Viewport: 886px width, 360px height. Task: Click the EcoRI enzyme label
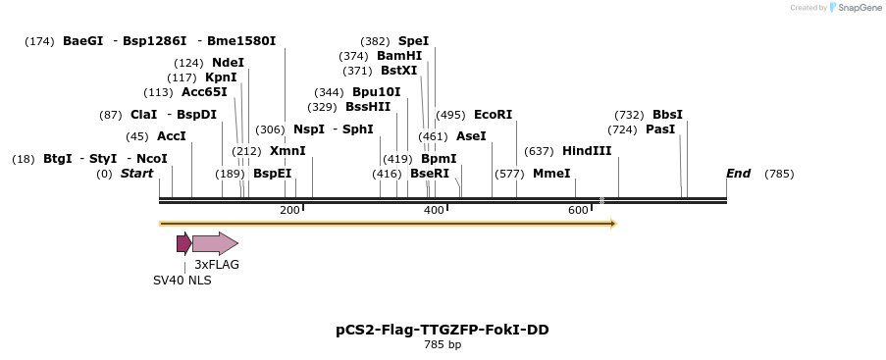[x=493, y=115]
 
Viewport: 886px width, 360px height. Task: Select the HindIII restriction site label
[x=587, y=151]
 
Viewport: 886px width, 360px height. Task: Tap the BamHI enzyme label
[x=399, y=56]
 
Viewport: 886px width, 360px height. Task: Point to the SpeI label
[x=413, y=41]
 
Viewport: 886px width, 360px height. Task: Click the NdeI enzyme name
[x=228, y=63]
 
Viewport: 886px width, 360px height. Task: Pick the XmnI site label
[x=287, y=151]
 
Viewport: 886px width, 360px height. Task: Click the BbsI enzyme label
[x=667, y=115]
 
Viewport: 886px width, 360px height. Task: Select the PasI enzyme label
[x=660, y=129]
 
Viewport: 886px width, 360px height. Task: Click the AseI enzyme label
[x=471, y=136]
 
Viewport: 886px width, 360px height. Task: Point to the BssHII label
[x=368, y=107]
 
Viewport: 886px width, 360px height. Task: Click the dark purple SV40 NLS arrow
[x=183, y=243]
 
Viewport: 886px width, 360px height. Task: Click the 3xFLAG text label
[x=217, y=265]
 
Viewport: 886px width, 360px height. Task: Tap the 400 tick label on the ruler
[x=434, y=211]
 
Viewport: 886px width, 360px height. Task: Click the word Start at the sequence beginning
[x=136, y=174]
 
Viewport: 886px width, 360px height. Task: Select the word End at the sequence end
[x=738, y=174]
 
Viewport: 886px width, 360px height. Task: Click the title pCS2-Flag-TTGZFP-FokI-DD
[x=443, y=330]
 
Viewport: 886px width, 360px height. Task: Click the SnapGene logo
[x=854, y=8]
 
